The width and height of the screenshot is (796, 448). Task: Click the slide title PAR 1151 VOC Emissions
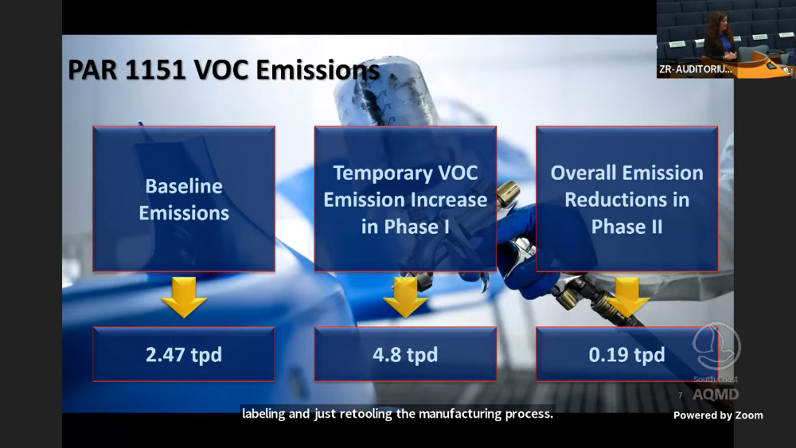pyautogui.click(x=224, y=70)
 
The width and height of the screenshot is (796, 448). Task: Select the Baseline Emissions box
pyautogui.click(x=184, y=199)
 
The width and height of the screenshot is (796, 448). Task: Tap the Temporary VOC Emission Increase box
pyautogui.click(x=405, y=199)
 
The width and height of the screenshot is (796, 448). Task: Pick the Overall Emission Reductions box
pyautogui.click(x=627, y=199)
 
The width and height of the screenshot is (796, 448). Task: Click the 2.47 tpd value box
pyautogui.click(x=184, y=354)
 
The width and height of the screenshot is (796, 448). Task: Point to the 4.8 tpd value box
pyautogui.click(x=405, y=354)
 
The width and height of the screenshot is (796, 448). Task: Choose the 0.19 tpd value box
pyautogui.click(x=627, y=354)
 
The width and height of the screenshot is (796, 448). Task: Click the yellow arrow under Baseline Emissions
pyautogui.click(x=184, y=298)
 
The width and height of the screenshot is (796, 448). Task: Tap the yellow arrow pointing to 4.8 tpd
pyautogui.click(x=405, y=298)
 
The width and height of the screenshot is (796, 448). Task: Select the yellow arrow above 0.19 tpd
pyautogui.click(x=627, y=298)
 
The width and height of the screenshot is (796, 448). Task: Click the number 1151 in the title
pyautogui.click(x=155, y=70)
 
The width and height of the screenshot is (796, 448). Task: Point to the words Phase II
pyautogui.click(x=627, y=226)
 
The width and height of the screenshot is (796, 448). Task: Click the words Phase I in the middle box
pyautogui.click(x=405, y=226)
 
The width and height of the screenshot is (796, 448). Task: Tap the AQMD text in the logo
pyautogui.click(x=716, y=394)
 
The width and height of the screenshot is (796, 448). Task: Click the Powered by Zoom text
pyautogui.click(x=718, y=415)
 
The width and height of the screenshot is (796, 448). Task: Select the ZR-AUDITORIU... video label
pyautogui.click(x=696, y=69)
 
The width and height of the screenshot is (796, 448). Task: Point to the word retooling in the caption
pyautogui.click(x=366, y=414)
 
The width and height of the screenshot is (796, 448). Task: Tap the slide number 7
pyautogui.click(x=681, y=395)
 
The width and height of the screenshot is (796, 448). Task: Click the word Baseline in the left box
pyautogui.click(x=184, y=186)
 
